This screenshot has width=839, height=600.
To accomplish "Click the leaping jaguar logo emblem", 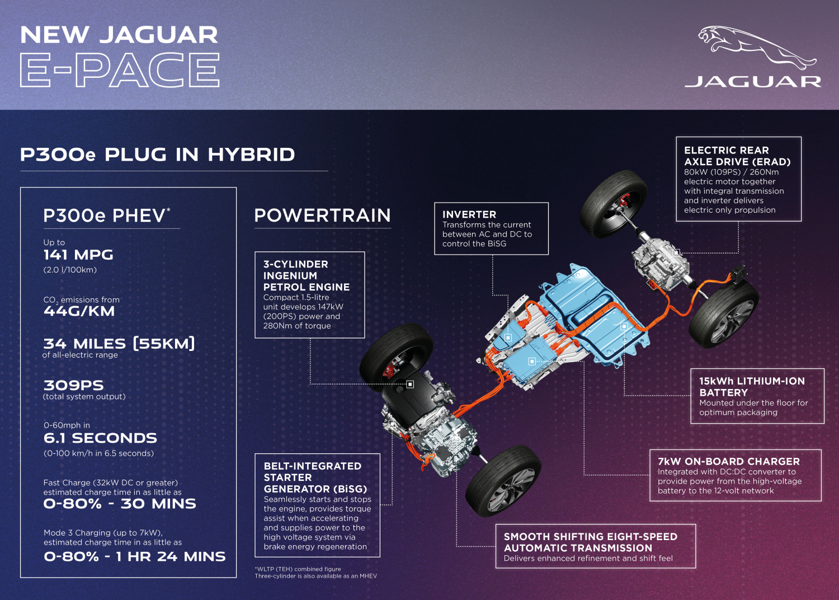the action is pyautogui.click(x=757, y=48).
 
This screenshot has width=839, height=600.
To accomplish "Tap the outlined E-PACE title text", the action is pyautogui.click(x=120, y=70).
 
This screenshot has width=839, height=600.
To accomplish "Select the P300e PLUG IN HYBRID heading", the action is pyautogui.click(x=157, y=154).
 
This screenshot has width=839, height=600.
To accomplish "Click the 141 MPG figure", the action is pyautogui.click(x=78, y=255).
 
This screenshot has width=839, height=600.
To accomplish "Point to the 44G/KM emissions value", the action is pyautogui.click(x=79, y=311).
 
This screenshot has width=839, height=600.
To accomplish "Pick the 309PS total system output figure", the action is pyautogui.click(x=73, y=385).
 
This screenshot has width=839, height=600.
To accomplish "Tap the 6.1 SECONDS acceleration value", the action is pyautogui.click(x=100, y=438).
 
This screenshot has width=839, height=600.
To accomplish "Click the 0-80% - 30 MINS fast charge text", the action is pyautogui.click(x=120, y=504).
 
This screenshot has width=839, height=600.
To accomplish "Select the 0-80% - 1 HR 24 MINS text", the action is pyautogui.click(x=134, y=556).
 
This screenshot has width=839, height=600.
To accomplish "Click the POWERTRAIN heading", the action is pyautogui.click(x=323, y=215).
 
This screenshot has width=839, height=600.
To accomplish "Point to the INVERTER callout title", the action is pyautogui.click(x=469, y=214).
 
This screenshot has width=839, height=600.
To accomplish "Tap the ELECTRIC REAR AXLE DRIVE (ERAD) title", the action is pyautogui.click(x=737, y=156).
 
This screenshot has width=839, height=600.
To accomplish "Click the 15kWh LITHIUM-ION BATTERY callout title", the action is pyautogui.click(x=752, y=387).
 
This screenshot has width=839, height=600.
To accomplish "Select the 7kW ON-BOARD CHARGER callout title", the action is pyautogui.click(x=728, y=461).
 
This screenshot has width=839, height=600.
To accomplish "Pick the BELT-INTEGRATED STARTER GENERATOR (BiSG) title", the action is pyautogui.click(x=315, y=477).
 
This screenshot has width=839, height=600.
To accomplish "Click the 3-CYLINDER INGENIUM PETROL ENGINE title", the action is pyautogui.click(x=307, y=275).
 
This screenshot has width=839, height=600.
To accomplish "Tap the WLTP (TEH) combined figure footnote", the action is pyautogui.click(x=298, y=569).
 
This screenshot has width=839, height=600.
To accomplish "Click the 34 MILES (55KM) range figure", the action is pyautogui.click(x=119, y=344).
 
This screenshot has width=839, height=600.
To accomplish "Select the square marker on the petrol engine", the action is pyautogui.click(x=410, y=384).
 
